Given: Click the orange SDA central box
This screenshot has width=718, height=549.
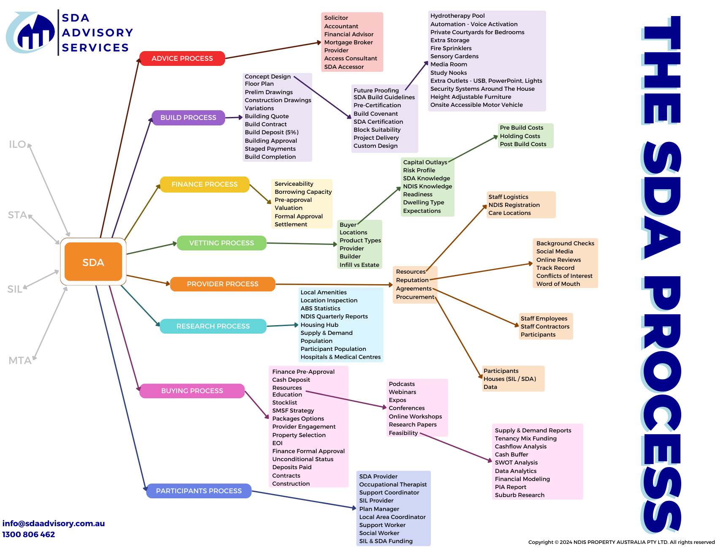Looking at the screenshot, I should [93, 262].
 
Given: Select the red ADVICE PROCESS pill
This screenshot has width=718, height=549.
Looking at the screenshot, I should [182, 58].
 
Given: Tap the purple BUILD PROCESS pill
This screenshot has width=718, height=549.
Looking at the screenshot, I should [188, 117].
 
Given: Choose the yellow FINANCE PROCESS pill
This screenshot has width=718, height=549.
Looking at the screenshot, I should [204, 185].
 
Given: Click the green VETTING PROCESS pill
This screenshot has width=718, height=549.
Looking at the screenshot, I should [221, 243].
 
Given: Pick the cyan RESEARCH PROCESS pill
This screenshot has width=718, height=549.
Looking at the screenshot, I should [213, 326].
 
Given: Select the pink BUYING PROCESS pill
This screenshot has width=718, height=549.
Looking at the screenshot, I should [192, 391].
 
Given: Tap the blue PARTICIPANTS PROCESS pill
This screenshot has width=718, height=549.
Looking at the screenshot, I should [199, 491].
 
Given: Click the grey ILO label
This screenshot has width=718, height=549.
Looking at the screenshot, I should [18, 144].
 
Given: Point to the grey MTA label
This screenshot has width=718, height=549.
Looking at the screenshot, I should [20, 361].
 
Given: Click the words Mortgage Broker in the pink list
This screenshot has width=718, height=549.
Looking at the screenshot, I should [348, 42].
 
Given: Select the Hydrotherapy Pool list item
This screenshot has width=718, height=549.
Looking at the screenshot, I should [457, 16].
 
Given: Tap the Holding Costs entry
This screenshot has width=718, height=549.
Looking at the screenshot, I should [520, 136].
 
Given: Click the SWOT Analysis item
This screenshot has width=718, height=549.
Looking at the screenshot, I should [516, 462].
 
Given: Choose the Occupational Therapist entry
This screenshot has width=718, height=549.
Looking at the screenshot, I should [393, 484].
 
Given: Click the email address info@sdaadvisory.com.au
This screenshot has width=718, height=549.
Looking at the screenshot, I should [54, 523].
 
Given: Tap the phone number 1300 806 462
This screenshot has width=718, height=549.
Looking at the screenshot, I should [29, 534].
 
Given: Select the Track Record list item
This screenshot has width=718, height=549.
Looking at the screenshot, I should [555, 268].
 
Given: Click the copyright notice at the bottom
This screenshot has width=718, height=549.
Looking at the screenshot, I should [621, 542].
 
